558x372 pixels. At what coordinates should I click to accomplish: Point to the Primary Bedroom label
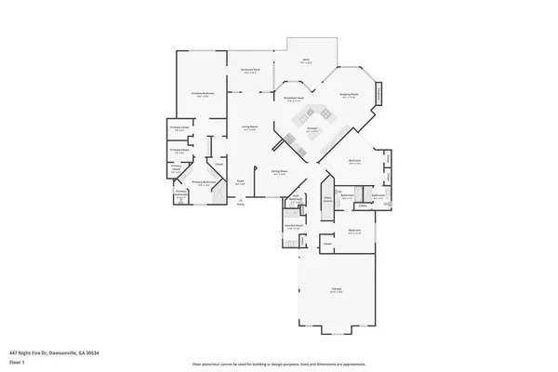203,94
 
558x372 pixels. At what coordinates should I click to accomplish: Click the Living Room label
250,127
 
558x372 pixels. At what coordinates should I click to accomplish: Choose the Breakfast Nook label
296,98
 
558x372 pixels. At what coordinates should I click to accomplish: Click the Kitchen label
313,129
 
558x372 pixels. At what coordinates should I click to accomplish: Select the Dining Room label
278,173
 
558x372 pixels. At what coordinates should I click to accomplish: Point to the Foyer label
240,182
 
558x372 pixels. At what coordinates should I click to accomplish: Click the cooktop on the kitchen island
305,119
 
